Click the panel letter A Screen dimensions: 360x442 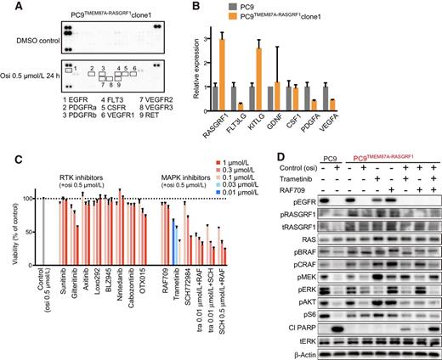click(x=8, y=7)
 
